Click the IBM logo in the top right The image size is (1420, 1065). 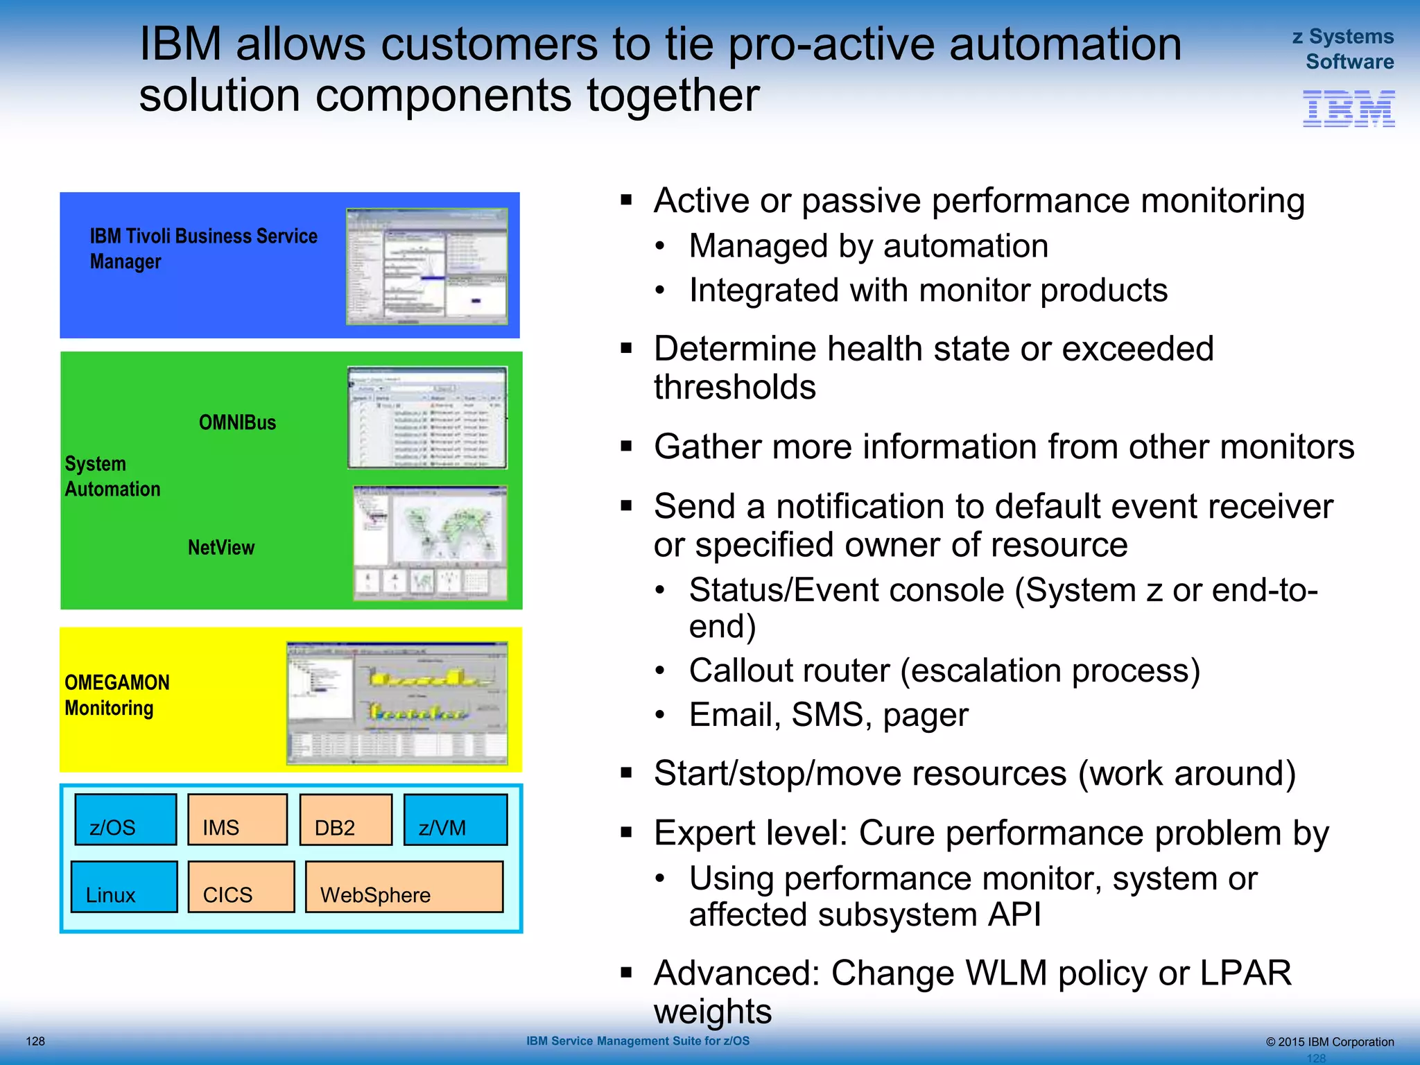pyautogui.click(x=1348, y=109)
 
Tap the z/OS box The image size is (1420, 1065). pyautogui.click(x=125, y=820)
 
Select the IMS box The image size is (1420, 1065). pyautogui.click(x=237, y=820)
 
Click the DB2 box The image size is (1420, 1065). pyautogui.click(x=346, y=820)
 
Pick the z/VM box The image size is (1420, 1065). pyautogui.click(x=456, y=820)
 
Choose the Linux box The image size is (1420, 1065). pyautogui.click(x=124, y=887)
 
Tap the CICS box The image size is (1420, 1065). pyautogui.click(x=241, y=887)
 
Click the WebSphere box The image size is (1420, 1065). pyautogui.click(x=404, y=887)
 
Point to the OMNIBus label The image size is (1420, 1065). pyautogui.click(x=237, y=422)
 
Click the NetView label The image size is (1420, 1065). pyautogui.click(x=221, y=547)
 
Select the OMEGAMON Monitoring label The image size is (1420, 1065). pyautogui.click(x=116, y=695)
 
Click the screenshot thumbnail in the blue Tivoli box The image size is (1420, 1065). pyautogui.click(x=426, y=266)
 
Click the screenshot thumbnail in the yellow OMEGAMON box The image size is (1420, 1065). pyautogui.click(x=397, y=702)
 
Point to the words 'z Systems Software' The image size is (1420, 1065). pyautogui.click(x=1344, y=49)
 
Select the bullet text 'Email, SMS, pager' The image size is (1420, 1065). pyautogui.click(x=828, y=715)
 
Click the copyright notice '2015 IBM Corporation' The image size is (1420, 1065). pyautogui.click(x=1330, y=1041)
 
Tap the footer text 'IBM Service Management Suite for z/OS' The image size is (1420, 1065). pyautogui.click(x=637, y=1041)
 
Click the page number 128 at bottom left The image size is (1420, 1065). pyautogui.click(x=35, y=1041)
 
